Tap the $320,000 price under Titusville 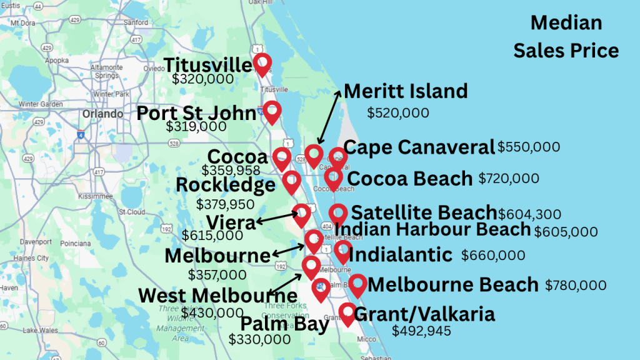pos(203,79)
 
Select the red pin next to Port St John pos(271,111)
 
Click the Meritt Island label pos(406,91)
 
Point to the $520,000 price pos(397,113)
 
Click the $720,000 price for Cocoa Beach pos(509,179)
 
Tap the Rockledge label pos(226,185)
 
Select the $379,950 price pos(225,204)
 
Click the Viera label pos(232,223)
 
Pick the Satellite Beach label pos(424,213)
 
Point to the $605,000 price pos(566,232)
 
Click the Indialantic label pos(400,255)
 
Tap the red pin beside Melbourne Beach pos(357,284)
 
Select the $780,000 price pos(576,286)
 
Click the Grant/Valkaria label pos(424,314)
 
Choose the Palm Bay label pos(284,324)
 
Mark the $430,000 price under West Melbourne pos(212,312)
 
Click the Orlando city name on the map pos(102,114)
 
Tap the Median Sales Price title pos(566,37)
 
